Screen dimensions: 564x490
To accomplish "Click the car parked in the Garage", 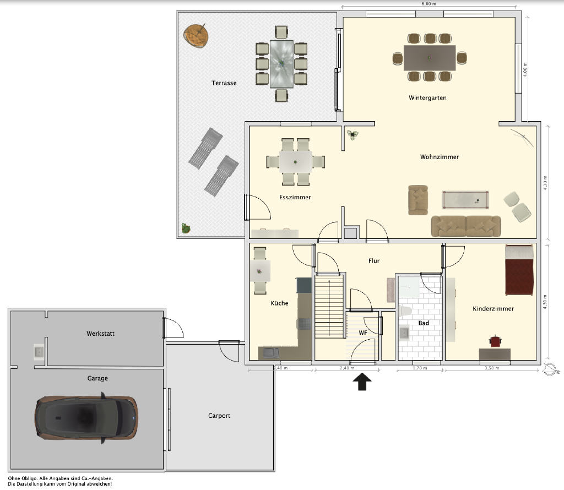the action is [86, 417].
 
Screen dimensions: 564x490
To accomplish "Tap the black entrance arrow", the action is [362, 382].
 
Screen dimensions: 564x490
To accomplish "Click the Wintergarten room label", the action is [427, 98].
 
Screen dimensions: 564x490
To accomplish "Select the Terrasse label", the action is [224, 83].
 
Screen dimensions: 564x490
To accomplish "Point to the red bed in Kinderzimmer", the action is [519, 270].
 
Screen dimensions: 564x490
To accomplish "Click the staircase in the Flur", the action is [329, 306].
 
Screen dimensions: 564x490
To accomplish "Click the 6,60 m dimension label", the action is [429, 4].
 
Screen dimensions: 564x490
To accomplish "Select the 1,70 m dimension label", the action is [420, 368].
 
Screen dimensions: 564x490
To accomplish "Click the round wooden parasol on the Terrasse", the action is [196, 35].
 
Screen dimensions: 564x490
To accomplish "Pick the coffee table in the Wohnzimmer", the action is [465, 199].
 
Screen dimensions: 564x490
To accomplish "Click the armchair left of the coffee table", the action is [418, 200].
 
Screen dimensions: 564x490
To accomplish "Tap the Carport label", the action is [219, 416].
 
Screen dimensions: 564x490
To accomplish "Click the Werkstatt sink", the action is [39, 352].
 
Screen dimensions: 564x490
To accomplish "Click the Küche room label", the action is [279, 303].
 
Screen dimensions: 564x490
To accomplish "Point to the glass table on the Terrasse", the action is [281, 64].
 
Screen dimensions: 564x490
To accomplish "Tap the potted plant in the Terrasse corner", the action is [186, 228].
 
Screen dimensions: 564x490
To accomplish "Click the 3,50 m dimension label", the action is [492, 368].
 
